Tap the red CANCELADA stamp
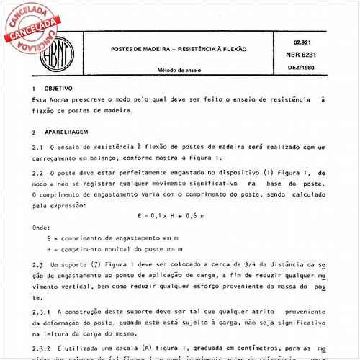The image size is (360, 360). pyautogui.click(x=32, y=24)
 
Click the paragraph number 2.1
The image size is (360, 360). pyautogui.click(x=38, y=148)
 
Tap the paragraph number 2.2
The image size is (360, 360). pyautogui.click(x=38, y=173)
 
